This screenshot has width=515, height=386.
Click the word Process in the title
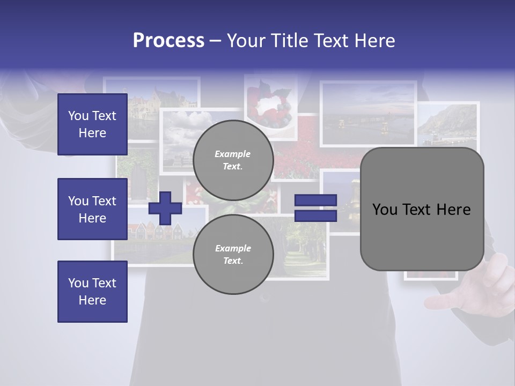pos(168,41)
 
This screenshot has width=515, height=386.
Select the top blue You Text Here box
pos(92,124)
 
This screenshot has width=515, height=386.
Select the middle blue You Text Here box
pos(92,209)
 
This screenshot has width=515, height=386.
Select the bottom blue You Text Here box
pos(92,292)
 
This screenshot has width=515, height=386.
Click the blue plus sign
pos(165,209)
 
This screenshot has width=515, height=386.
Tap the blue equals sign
pos(316,208)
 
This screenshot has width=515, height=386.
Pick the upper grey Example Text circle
pos(233,160)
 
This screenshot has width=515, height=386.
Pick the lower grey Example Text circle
pos(233,254)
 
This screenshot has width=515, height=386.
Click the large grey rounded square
pos(422,209)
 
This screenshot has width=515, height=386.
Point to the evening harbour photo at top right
pos(368,114)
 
